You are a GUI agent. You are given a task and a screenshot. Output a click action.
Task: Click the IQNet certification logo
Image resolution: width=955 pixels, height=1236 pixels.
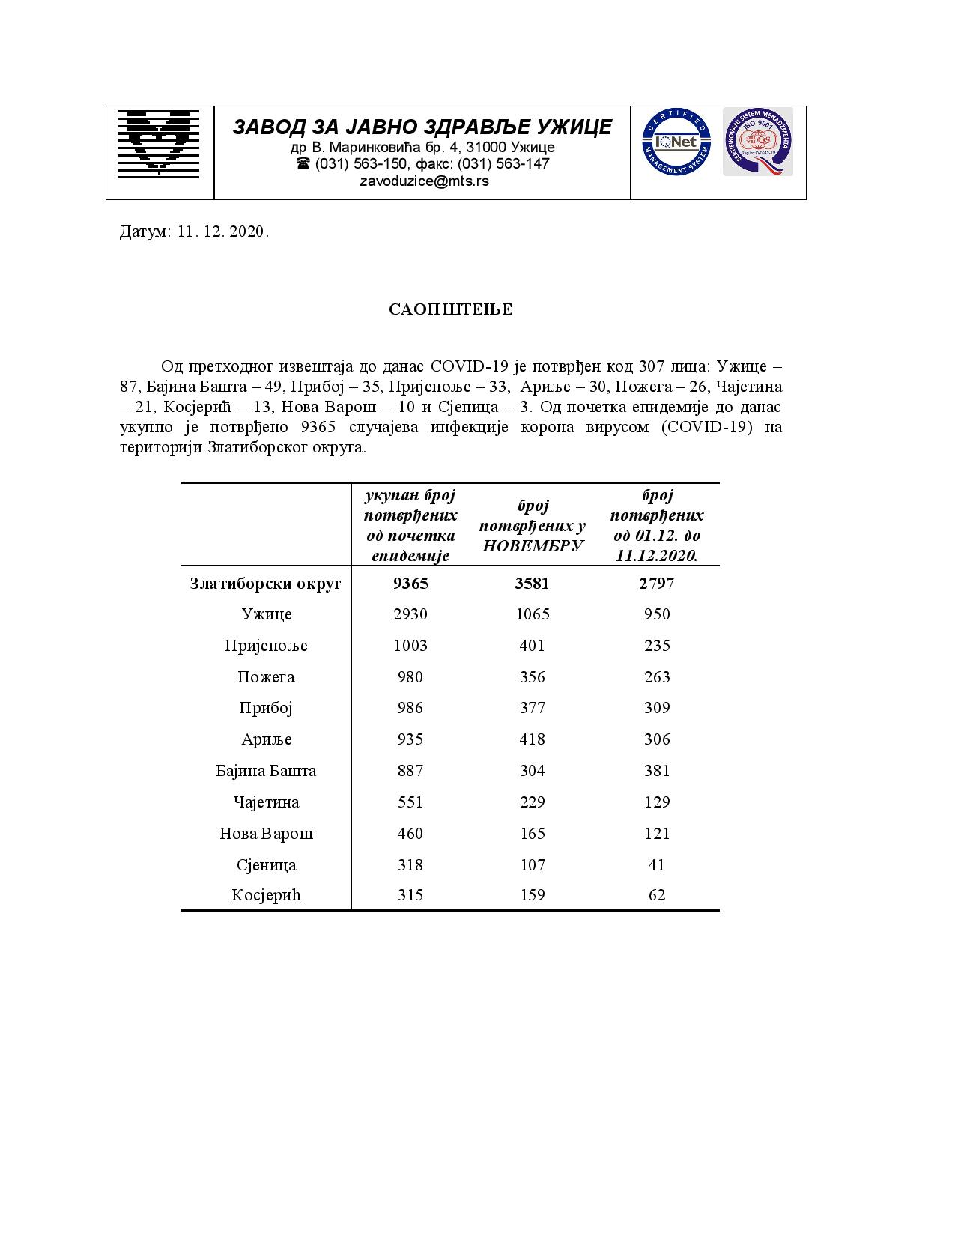point(676,142)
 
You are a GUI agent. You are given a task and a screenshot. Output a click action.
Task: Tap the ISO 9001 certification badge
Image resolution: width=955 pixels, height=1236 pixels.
point(757,142)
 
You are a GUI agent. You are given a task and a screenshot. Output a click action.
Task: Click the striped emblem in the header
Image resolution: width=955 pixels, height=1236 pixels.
point(159,143)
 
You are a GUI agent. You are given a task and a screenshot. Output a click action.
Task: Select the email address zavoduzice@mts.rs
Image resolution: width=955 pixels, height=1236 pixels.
point(424,181)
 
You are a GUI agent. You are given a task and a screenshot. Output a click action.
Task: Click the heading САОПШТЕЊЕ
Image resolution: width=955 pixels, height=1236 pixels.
point(451,309)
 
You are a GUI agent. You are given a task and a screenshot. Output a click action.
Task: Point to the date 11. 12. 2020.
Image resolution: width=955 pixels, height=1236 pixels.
point(223,231)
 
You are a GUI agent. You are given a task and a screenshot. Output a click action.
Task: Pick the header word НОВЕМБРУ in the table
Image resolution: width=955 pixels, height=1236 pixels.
point(533,545)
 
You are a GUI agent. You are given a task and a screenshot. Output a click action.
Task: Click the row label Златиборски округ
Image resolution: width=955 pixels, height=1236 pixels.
point(266,583)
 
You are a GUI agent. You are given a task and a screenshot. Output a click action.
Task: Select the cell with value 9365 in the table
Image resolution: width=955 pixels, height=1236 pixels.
point(410,583)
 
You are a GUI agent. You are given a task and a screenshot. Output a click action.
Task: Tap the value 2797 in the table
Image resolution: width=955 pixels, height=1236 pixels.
point(657,583)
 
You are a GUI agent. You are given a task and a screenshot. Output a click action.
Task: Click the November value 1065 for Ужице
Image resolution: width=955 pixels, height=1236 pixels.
point(533,614)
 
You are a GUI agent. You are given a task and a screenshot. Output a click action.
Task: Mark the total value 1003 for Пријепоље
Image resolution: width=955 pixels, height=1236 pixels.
point(410,646)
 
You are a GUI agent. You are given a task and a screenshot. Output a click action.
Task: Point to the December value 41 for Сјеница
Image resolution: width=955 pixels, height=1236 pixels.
point(657,864)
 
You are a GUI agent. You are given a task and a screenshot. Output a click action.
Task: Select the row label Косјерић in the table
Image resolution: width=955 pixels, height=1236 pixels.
point(266,895)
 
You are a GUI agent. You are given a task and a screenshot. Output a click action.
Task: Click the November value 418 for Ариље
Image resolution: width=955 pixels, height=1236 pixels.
point(533,739)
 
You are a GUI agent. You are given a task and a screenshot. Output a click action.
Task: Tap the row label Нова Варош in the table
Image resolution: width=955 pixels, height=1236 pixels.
point(266,833)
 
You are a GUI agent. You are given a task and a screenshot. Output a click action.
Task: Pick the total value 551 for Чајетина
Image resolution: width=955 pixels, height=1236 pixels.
point(410,802)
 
